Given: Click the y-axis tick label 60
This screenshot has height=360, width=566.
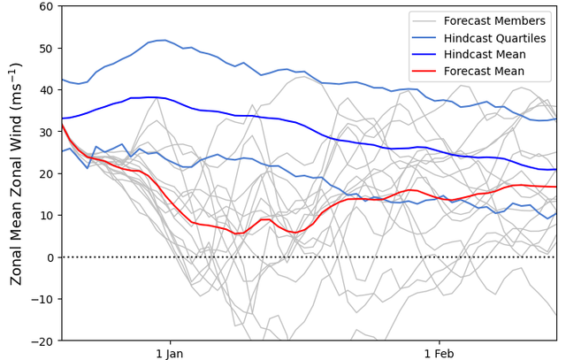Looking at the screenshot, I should click(46, 6).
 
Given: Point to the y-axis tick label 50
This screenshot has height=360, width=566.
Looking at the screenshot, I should click(46, 48).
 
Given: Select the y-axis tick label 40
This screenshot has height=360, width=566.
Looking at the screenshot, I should click(46, 89).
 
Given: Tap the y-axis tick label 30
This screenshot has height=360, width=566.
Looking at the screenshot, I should click(46, 132).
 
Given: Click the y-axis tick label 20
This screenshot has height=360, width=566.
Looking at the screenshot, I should click(46, 173).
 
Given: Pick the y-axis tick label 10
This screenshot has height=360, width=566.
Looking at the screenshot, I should click(46, 215).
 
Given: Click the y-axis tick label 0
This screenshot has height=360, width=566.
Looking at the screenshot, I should click(50, 257).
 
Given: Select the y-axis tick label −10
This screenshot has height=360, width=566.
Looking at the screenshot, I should click(42, 299).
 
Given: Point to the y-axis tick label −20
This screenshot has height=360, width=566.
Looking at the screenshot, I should click(42, 341).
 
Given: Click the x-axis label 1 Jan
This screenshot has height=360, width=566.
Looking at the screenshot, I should click(169, 353).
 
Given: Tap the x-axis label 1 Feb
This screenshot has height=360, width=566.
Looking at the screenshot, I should click(439, 353).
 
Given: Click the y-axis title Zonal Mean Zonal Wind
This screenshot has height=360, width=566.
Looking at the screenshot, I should click(16, 173).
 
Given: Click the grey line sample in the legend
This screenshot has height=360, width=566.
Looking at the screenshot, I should click(426, 20).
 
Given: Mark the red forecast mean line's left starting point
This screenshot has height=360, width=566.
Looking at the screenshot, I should click(62, 125).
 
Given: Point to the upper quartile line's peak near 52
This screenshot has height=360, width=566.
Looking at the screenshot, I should click(162, 40).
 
